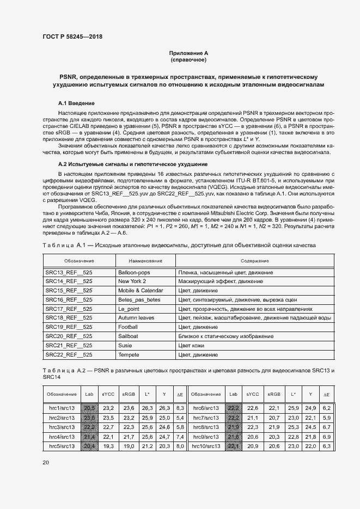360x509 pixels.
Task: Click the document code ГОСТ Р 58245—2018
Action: pyautogui.click(x=72, y=36)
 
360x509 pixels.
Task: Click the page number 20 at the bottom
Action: pyautogui.click(x=45, y=462)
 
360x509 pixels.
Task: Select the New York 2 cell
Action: pyautogui.click(x=132, y=281)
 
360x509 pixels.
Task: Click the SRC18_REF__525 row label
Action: pyautogui.click(x=69, y=317)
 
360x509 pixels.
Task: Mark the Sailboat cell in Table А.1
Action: pyautogui.click(x=129, y=336)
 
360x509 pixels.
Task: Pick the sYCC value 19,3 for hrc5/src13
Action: pyautogui.click(x=108, y=446)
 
